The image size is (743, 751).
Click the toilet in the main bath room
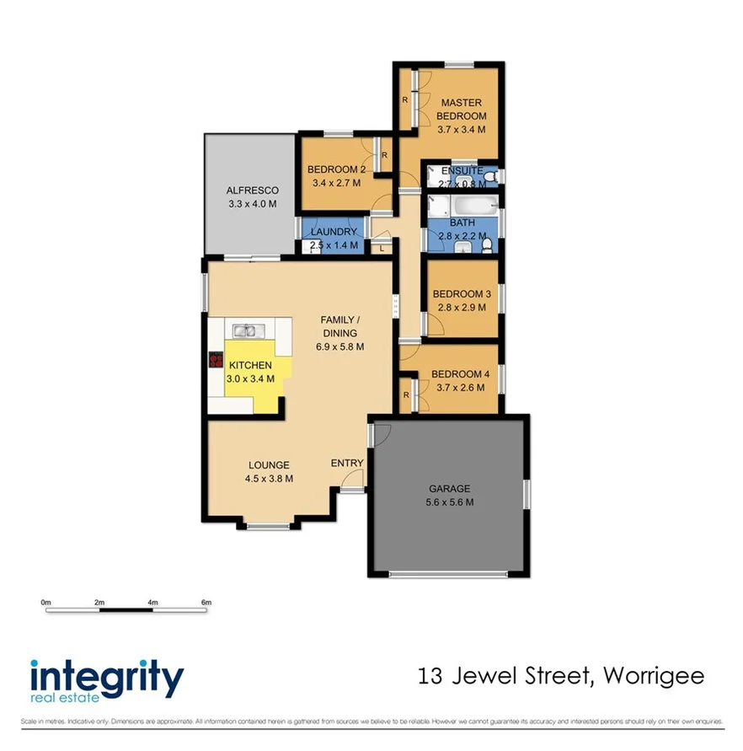[488, 243]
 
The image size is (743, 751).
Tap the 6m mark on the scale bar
[206, 603]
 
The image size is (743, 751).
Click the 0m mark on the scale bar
[45, 603]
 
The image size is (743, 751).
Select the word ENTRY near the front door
[347, 463]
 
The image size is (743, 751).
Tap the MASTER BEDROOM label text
[462, 110]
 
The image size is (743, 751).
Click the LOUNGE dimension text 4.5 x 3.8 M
[269, 478]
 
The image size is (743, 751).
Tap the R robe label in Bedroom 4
[406, 394]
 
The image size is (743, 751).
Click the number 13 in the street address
[432, 675]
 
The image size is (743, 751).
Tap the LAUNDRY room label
[334, 232]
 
